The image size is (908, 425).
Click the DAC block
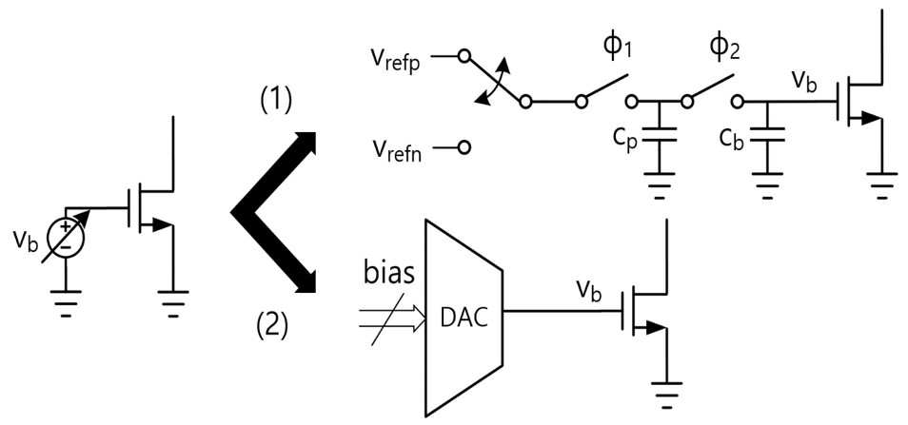click(x=464, y=317)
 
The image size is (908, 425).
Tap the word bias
click(x=389, y=273)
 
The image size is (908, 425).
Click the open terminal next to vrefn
click(x=464, y=148)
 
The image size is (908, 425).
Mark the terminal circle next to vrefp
click(x=463, y=56)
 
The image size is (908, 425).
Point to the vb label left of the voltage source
click(x=25, y=242)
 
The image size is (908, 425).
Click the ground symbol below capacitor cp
click(x=659, y=185)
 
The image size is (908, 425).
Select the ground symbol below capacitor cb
click(x=767, y=185)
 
